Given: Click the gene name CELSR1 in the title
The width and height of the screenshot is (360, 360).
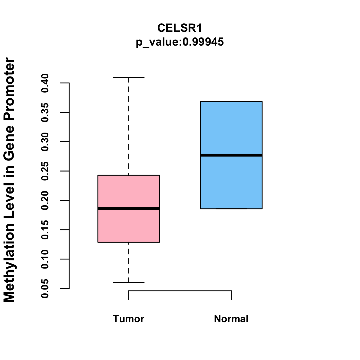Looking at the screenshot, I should click(180, 28).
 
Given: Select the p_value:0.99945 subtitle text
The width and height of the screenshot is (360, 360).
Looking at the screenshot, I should click(180, 42).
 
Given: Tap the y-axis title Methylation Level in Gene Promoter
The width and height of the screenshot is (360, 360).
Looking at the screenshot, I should click(9, 180).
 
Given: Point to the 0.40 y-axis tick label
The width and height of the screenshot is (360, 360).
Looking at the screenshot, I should click(45, 83).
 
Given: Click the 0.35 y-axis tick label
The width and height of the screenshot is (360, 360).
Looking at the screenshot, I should click(45, 112).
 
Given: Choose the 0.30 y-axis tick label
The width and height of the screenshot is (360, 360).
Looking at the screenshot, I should click(45, 142).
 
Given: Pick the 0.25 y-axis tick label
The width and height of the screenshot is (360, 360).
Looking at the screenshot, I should click(45, 171).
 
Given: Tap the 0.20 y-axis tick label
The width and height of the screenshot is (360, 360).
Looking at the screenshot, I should click(45, 200).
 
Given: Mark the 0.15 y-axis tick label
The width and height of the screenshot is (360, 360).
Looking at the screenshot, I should click(45, 230).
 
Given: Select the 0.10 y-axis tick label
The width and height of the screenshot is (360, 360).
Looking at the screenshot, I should click(45, 259).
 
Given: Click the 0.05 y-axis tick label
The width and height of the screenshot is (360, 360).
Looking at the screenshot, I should click(45, 288).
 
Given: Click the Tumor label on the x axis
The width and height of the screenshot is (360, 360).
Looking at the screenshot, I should click(129, 319).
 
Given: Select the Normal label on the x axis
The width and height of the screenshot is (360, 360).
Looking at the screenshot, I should click(231, 319).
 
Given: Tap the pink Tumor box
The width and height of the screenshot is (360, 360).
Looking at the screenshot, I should click(129, 225).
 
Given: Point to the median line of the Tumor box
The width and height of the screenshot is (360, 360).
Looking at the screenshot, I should click(129, 208).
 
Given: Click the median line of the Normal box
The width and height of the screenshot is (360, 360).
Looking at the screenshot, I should click(231, 155).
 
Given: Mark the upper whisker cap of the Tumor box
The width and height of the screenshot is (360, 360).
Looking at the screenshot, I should click(129, 77).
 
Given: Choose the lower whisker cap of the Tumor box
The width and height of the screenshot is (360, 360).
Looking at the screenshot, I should click(129, 283).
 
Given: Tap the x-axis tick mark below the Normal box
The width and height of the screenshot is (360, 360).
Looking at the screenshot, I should click(231, 295).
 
